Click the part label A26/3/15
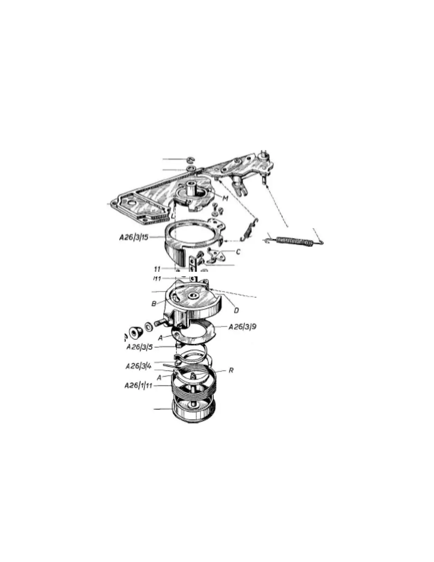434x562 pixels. pyautogui.click(x=133, y=237)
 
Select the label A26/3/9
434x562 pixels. pyautogui.click(x=242, y=327)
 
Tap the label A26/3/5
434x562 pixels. pyautogui.click(x=139, y=347)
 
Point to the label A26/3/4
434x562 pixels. pyautogui.click(x=138, y=366)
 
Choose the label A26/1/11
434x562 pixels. pyautogui.click(x=138, y=385)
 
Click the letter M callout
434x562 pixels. pyautogui.click(x=225, y=197)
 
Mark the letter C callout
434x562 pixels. pyautogui.click(x=238, y=252)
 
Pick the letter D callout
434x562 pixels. pyautogui.click(x=236, y=310)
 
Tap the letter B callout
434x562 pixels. pyautogui.click(x=154, y=304)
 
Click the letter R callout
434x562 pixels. pyautogui.click(x=231, y=370)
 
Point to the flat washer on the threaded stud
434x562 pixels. pyautogui.click(x=149, y=326)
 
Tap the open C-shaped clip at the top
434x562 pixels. pyautogui.click(x=190, y=159)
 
